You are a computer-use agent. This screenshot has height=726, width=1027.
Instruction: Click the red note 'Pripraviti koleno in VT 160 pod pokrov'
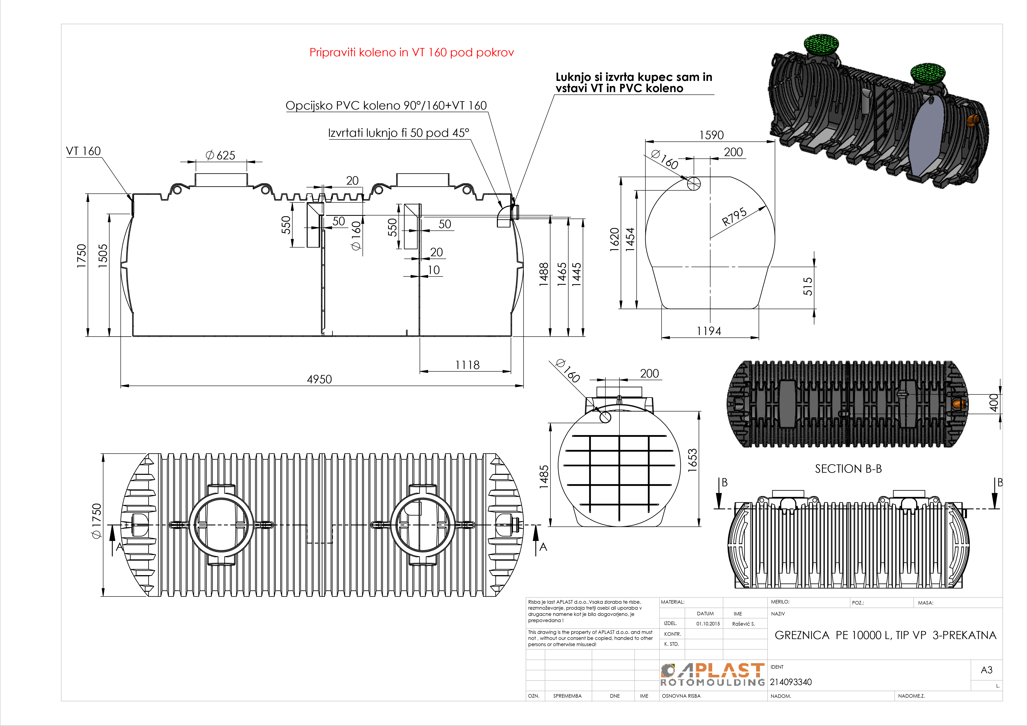tap(412, 53)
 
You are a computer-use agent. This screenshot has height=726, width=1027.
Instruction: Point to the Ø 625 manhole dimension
tap(220, 155)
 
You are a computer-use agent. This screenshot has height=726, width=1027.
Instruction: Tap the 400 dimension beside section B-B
tap(994, 402)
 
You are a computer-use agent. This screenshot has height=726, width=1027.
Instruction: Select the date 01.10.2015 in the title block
tap(708, 624)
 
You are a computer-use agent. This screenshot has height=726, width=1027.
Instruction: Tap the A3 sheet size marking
tap(986, 670)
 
